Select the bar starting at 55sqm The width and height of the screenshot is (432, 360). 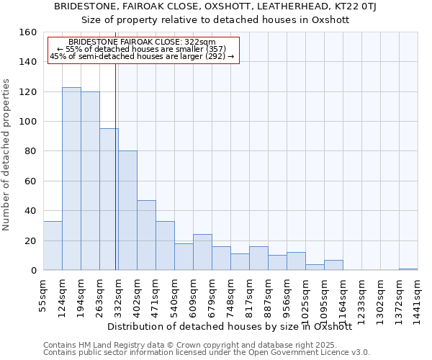tap(53, 246)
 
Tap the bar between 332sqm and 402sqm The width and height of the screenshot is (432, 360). tap(127, 210)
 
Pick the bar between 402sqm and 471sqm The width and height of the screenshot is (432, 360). tap(146, 235)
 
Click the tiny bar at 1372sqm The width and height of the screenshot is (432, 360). tap(408, 269)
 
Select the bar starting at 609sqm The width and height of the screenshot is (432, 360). tap(202, 252)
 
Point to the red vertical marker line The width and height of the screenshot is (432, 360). tap(115, 166)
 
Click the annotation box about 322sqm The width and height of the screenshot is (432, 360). tap(143, 50)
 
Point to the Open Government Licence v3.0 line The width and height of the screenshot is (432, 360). tap(207, 353)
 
